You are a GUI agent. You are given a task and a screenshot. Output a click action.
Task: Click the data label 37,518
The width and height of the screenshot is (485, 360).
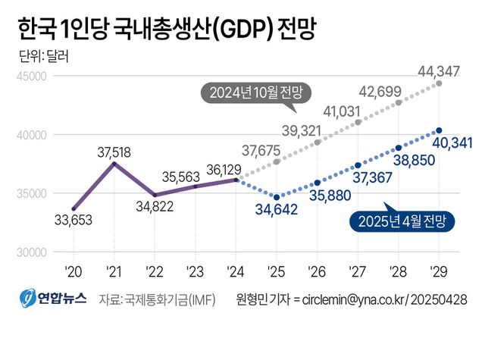(x=114, y=152)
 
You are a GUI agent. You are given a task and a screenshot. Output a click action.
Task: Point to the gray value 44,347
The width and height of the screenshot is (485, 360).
(x=439, y=72)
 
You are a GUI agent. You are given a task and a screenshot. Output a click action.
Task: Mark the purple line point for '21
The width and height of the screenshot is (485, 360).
(x=114, y=164)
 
